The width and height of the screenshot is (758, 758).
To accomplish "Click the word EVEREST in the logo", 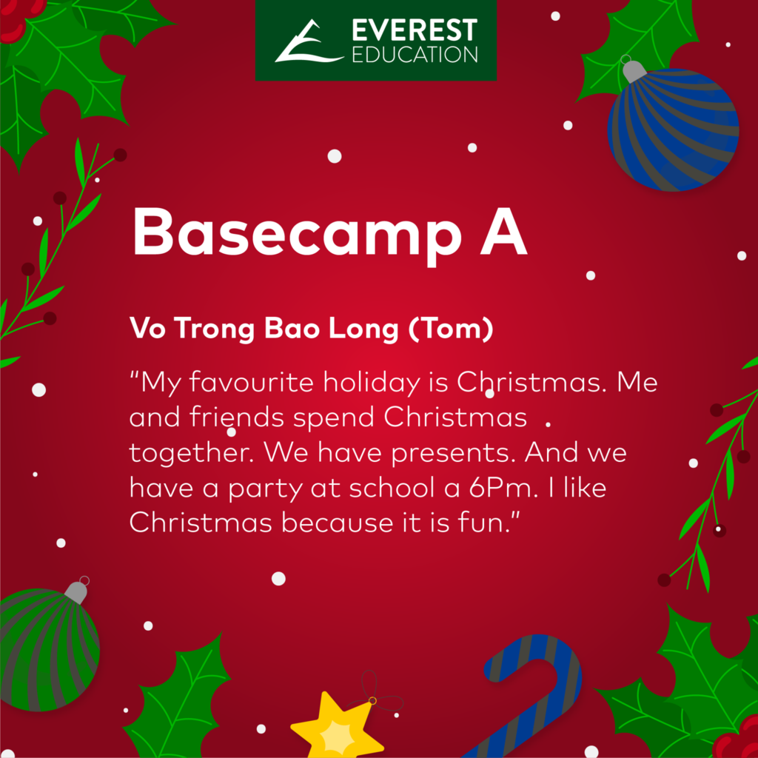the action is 415,30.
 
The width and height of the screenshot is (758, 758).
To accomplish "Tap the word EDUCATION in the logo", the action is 415,55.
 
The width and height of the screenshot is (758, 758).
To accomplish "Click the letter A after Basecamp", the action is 503,231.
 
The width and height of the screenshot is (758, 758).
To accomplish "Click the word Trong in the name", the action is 214,329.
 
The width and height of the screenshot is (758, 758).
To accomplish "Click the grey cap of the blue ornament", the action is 634,70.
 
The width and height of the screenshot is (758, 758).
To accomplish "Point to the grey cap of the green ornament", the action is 77,591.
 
